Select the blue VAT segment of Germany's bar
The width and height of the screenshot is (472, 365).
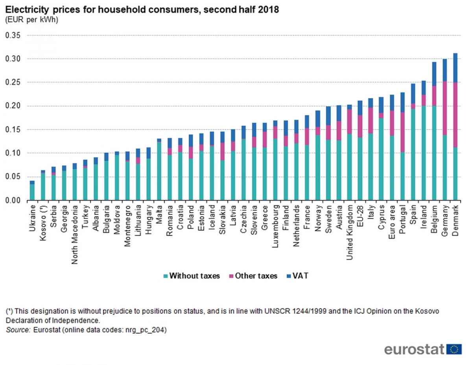[445, 70]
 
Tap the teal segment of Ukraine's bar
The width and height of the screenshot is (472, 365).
[32, 192]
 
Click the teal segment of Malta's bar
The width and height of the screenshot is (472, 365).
[159, 171]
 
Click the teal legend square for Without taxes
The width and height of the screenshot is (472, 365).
[166, 276]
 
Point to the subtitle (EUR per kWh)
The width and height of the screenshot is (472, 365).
[31, 20]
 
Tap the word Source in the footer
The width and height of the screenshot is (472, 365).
[18, 330]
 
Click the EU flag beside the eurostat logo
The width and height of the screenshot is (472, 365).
[455, 349]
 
